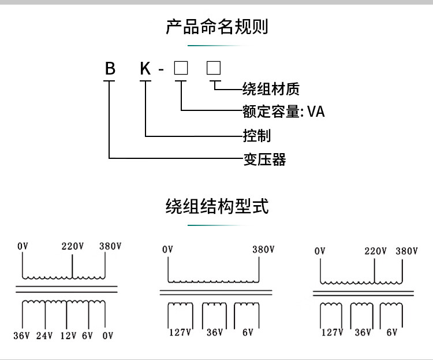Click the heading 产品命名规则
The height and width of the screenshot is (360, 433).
(x=216, y=27)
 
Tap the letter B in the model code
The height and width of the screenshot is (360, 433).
(x=110, y=69)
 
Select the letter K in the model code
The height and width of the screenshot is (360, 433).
(x=145, y=69)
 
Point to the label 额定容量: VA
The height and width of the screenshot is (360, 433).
(x=283, y=111)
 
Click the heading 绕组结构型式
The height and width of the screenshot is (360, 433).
(x=216, y=206)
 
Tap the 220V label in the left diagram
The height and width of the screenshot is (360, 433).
(x=73, y=246)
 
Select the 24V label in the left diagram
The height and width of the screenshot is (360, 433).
(x=44, y=336)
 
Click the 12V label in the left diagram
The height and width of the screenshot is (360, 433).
(x=67, y=336)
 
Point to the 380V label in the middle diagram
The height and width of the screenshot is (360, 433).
(x=263, y=250)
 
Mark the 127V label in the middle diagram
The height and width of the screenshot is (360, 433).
(x=180, y=332)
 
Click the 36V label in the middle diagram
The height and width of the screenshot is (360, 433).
(x=215, y=332)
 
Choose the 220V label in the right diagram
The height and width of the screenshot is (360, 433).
(x=375, y=251)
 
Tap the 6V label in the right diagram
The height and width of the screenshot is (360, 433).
(x=392, y=332)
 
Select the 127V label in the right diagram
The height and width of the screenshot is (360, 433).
(x=332, y=332)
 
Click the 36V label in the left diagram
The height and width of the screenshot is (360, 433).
(x=22, y=336)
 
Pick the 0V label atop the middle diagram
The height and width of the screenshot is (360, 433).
(x=167, y=250)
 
